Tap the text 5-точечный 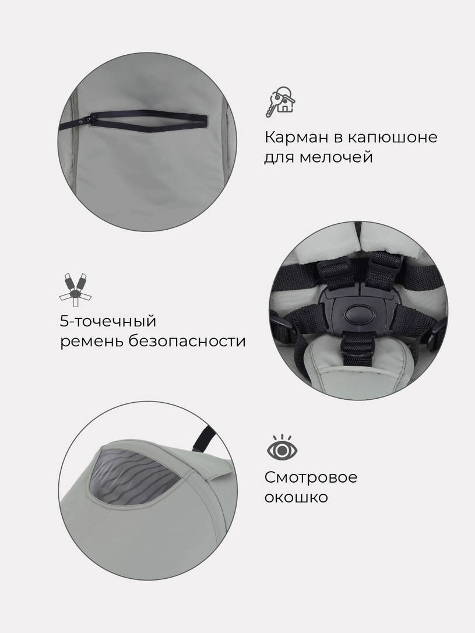pyautogui.click(x=108, y=322)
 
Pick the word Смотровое pyautogui.click(x=311, y=477)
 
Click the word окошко pyautogui.click(x=296, y=497)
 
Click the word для pyautogui.click(x=277, y=157)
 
